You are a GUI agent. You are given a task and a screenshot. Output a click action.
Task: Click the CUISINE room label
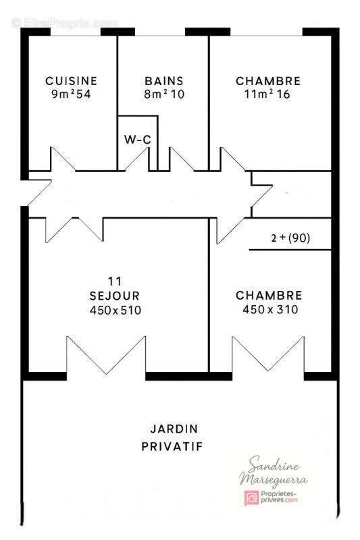click(x=71, y=81)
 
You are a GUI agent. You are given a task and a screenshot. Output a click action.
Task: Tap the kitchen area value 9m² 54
click(x=71, y=94)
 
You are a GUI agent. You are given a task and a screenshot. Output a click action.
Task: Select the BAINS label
click(x=164, y=81)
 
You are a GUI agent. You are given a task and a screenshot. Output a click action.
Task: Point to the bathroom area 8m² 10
click(x=164, y=94)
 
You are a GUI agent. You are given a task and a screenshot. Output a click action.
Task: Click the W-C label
click(x=137, y=140)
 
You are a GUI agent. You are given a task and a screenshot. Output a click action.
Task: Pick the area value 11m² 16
click(x=268, y=94)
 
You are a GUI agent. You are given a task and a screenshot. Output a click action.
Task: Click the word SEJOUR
click(x=115, y=296)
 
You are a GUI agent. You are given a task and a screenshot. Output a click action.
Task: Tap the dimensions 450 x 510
click(x=115, y=310)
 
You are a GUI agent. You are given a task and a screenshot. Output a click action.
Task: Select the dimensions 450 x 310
click(x=269, y=310)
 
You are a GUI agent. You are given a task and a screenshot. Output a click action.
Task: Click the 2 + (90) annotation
click(x=290, y=238)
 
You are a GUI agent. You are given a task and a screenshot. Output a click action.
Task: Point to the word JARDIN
click(x=174, y=429)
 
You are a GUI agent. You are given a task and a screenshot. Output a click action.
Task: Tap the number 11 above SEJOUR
click(x=114, y=281)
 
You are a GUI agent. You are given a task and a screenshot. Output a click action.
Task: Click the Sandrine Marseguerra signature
click(x=275, y=472)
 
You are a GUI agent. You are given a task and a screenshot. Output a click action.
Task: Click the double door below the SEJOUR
click(x=107, y=358)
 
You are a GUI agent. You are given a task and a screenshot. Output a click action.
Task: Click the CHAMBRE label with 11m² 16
click(x=268, y=81)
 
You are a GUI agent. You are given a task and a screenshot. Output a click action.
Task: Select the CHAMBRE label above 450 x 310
click(x=269, y=296)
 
